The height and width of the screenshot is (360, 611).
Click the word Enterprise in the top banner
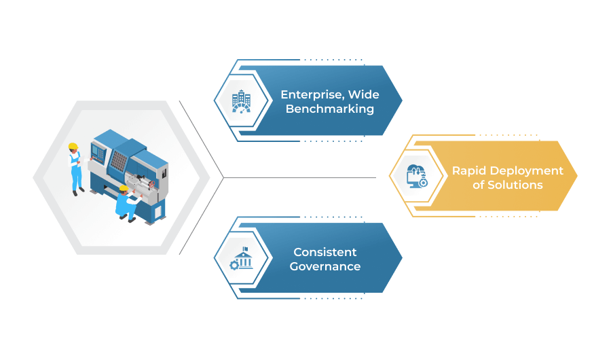(312, 95)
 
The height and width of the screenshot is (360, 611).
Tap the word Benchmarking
(330, 109)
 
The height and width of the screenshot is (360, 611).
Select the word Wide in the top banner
(364, 94)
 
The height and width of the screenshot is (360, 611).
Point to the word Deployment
(526, 171)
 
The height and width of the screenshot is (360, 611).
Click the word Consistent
(325, 252)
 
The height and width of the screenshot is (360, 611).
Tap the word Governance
(325, 266)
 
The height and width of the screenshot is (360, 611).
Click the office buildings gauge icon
(242, 101)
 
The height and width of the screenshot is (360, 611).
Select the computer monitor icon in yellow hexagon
(417, 177)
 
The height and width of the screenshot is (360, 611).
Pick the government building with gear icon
(242, 258)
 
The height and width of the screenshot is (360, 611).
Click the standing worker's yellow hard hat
(73, 146)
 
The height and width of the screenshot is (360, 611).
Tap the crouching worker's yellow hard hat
(124, 189)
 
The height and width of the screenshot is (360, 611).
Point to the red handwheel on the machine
(152, 183)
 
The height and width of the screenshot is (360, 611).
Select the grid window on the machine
(119, 161)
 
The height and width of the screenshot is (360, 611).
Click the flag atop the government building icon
(245, 249)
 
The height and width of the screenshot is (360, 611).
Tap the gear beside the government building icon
(234, 265)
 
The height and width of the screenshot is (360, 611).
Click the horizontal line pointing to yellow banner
(299, 178)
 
